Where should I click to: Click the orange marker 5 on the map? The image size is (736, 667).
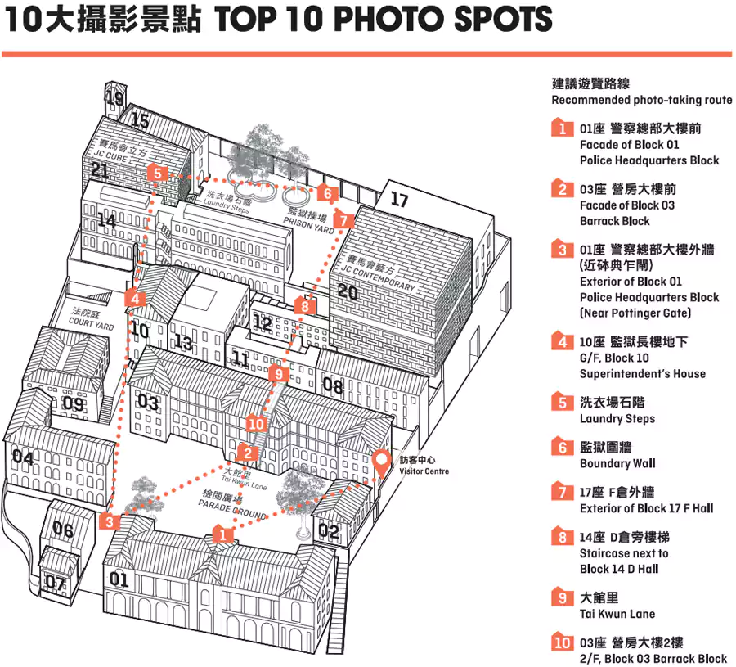(157, 174)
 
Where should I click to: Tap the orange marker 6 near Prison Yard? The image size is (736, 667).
(328, 193)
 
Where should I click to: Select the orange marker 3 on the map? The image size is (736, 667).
(109, 521)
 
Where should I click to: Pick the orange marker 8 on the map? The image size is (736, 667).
(305, 306)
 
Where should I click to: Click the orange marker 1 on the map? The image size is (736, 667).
(222, 534)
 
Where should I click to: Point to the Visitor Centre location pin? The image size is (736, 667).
(381, 463)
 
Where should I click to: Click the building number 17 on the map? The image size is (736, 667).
(399, 200)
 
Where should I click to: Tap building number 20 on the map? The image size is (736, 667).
(348, 292)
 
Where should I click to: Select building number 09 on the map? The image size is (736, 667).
(74, 403)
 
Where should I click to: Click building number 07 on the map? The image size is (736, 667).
(55, 583)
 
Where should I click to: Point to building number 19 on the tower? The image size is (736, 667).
(114, 97)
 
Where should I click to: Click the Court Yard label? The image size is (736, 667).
(91, 319)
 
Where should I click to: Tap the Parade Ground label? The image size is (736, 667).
(232, 504)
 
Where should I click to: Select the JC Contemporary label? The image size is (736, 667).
(379, 274)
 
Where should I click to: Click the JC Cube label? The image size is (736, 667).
(119, 150)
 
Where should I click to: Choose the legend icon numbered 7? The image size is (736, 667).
(563, 492)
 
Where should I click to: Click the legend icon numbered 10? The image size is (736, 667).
(563, 642)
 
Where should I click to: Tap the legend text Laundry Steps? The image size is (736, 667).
(617, 418)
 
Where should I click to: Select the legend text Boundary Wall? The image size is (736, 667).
(617, 463)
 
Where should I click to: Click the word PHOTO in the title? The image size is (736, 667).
(388, 19)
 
